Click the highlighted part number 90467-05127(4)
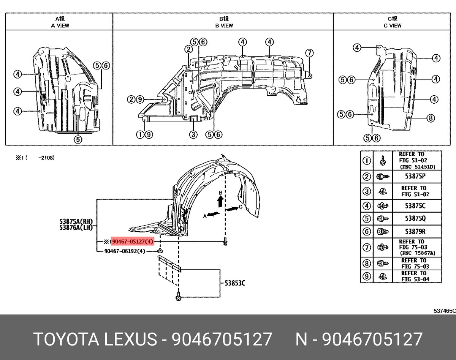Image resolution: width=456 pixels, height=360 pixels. [x=132, y=242]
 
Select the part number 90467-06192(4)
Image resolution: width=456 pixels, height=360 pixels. [x=124, y=251]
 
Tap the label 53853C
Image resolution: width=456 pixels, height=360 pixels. [x=235, y=283]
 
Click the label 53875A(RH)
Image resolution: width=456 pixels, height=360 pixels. [x=76, y=221]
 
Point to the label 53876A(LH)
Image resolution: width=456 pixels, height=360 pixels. [x=76, y=227]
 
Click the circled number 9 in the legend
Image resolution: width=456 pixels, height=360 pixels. [x=367, y=276]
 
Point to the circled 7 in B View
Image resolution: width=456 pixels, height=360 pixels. [x=309, y=53]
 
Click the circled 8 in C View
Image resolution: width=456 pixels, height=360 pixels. [x=430, y=118]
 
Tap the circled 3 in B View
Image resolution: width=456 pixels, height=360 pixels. [x=193, y=134]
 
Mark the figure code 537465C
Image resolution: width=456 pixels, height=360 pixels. [x=444, y=310]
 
